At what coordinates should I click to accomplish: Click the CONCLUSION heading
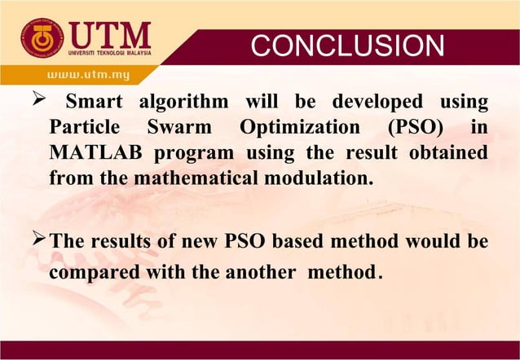(347, 46)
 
